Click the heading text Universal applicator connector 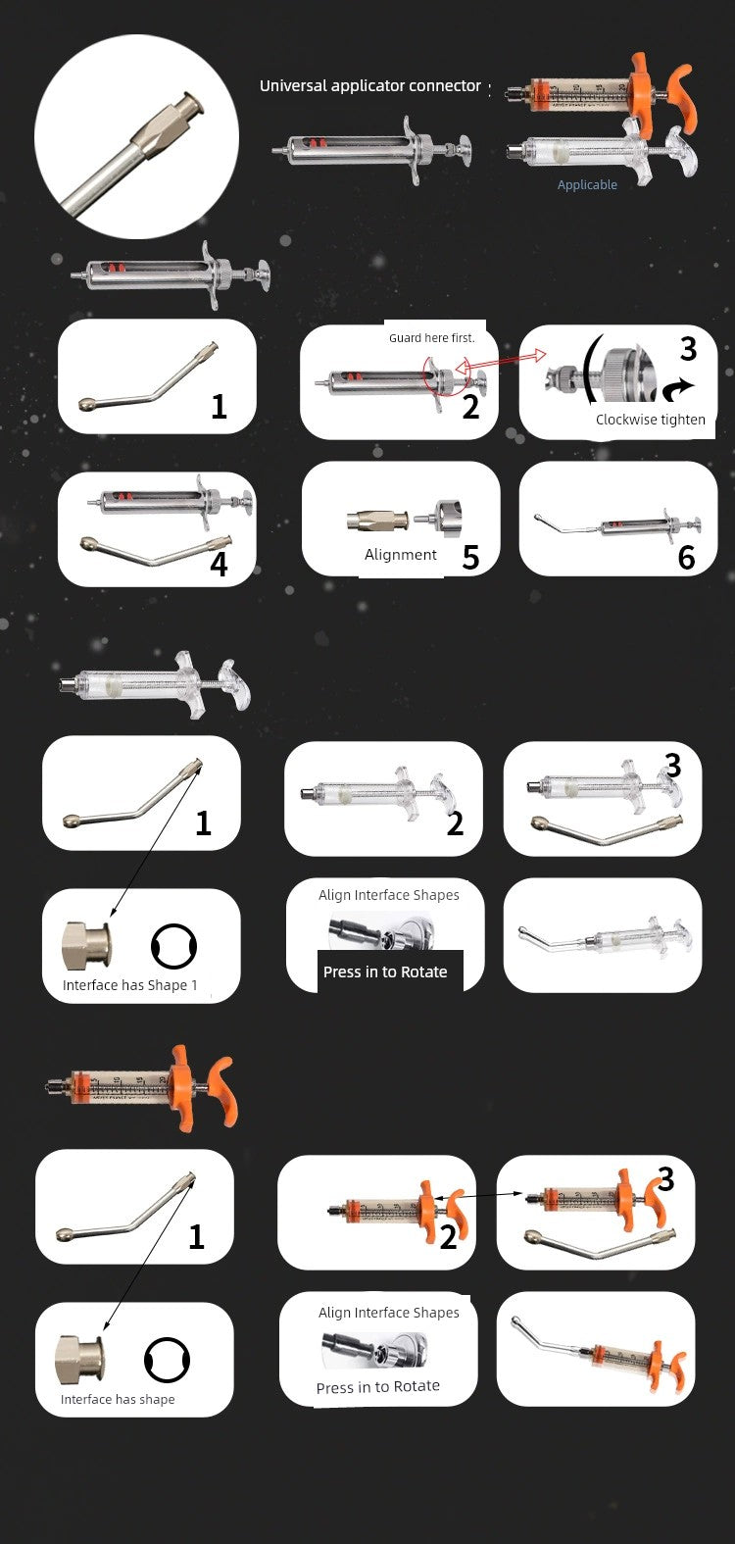[x=369, y=86]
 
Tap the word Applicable [x=587, y=184]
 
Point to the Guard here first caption [x=432, y=338]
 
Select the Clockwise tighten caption [x=651, y=420]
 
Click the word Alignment [x=400, y=554]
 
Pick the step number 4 [x=220, y=564]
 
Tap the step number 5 [x=470, y=557]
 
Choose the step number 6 [x=686, y=558]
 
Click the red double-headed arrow [x=501, y=361]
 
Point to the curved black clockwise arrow [x=677, y=389]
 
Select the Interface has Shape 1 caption [x=129, y=985]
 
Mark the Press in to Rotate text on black [x=385, y=971]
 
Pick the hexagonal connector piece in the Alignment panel [x=376, y=521]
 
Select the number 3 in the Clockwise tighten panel [x=688, y=349]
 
